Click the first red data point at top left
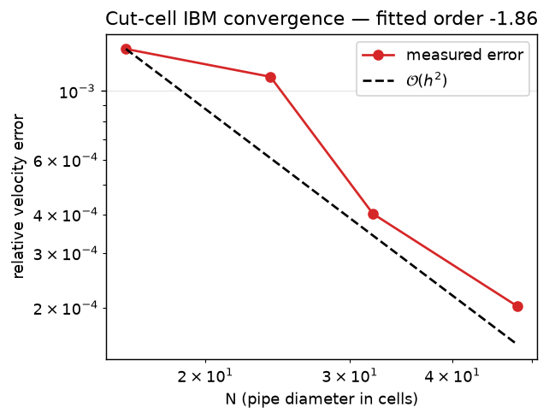point(126,49)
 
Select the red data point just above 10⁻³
point(270,77)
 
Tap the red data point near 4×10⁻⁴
point(373,214)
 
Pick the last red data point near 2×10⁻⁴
point(517,307)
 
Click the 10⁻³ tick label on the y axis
point(77,92)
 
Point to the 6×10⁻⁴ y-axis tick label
point(65,161)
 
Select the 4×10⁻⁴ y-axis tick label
point(65,215)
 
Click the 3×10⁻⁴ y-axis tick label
point(65,254)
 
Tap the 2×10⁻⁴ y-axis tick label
point(65,309)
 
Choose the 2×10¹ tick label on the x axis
point(205,376)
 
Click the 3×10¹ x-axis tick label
point(350,376)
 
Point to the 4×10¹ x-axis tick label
point(452,376)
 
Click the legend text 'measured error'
point(464,55)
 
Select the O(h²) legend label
point(427,81)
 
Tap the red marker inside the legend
point(378,55)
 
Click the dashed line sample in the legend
point(378,81)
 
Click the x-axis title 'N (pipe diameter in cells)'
point(322,399)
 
